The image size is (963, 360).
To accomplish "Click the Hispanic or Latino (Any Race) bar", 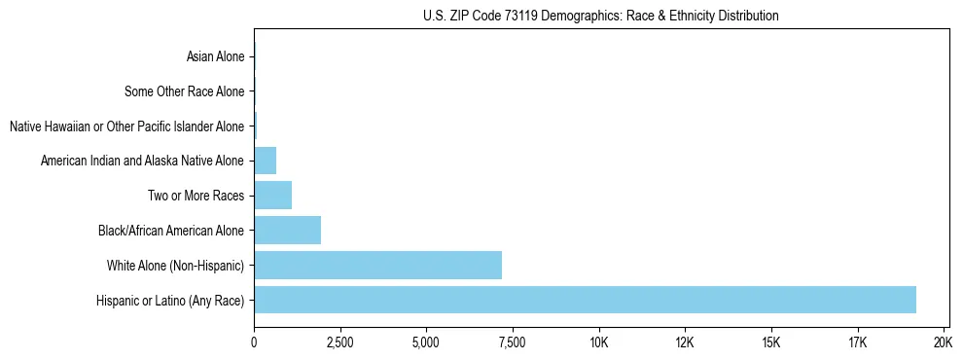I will [x=585, y=300].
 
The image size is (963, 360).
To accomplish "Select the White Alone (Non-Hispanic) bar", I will [x=377, y=265].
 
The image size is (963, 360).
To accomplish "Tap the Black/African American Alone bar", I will [x=287, y=231].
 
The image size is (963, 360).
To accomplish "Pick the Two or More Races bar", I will [x=272, y=196].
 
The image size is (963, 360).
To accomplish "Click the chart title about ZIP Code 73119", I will [x=601, y=17].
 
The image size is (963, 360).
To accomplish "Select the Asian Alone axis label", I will [x=215, y=57].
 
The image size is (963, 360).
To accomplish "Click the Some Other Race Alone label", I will [x=185, y=92].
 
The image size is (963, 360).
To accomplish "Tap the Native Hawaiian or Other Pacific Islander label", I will [x=126, y=126].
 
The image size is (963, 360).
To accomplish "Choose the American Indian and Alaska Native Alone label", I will [x=143, y=162].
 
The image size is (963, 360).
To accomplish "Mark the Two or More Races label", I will [x=196, y=197].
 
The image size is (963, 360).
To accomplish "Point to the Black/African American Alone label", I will [x=171, y=231].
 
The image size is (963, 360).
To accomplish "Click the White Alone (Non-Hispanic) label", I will [x=176, y=266].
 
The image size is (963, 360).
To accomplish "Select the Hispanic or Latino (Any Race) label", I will [x=170, y=301].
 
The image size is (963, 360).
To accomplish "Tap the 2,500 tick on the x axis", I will [x=339, y=342].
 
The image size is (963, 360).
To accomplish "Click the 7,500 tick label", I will [x=512, y=342].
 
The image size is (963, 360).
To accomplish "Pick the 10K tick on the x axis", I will [x=598, y=342].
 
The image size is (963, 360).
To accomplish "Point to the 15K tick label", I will [x=770, y=342].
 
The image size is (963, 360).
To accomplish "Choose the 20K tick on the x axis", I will [x=943, y=342].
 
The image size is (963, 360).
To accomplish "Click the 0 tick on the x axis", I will [x=254, y=342].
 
